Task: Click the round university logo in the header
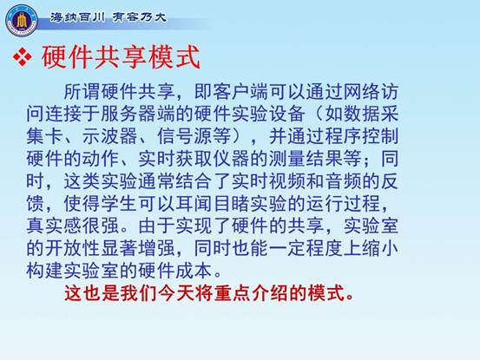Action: [22, 20]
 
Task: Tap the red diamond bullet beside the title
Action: [23, 56]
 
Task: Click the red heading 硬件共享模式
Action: [121, 56]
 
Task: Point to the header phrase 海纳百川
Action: [77, 17]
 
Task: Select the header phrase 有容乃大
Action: [140, 17]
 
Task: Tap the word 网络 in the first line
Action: [362, 92]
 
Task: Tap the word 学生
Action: [119, 203]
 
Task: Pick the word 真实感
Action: [54, 226]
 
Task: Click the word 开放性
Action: [73, 248]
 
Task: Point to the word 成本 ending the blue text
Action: [194, 271]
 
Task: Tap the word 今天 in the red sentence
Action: [177, 293]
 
